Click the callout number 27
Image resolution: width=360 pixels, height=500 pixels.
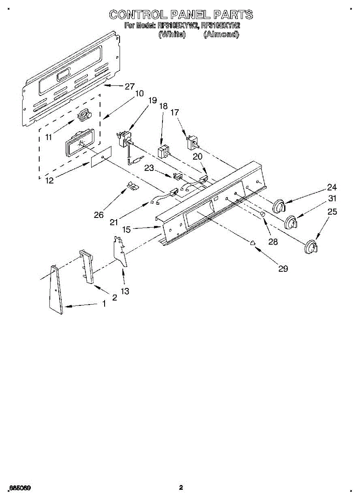(130, 87)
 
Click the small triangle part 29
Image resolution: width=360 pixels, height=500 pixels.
(252, 243)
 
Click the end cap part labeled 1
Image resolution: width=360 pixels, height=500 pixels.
(55, 289)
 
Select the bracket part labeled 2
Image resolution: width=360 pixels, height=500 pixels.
(87, 266)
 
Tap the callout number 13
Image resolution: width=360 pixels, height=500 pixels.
(125, 291)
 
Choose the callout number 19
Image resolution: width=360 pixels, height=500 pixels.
(152, 100)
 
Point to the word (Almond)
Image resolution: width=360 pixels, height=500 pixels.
(221, 35)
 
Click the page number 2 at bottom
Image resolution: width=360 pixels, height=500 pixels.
(181, 487)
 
